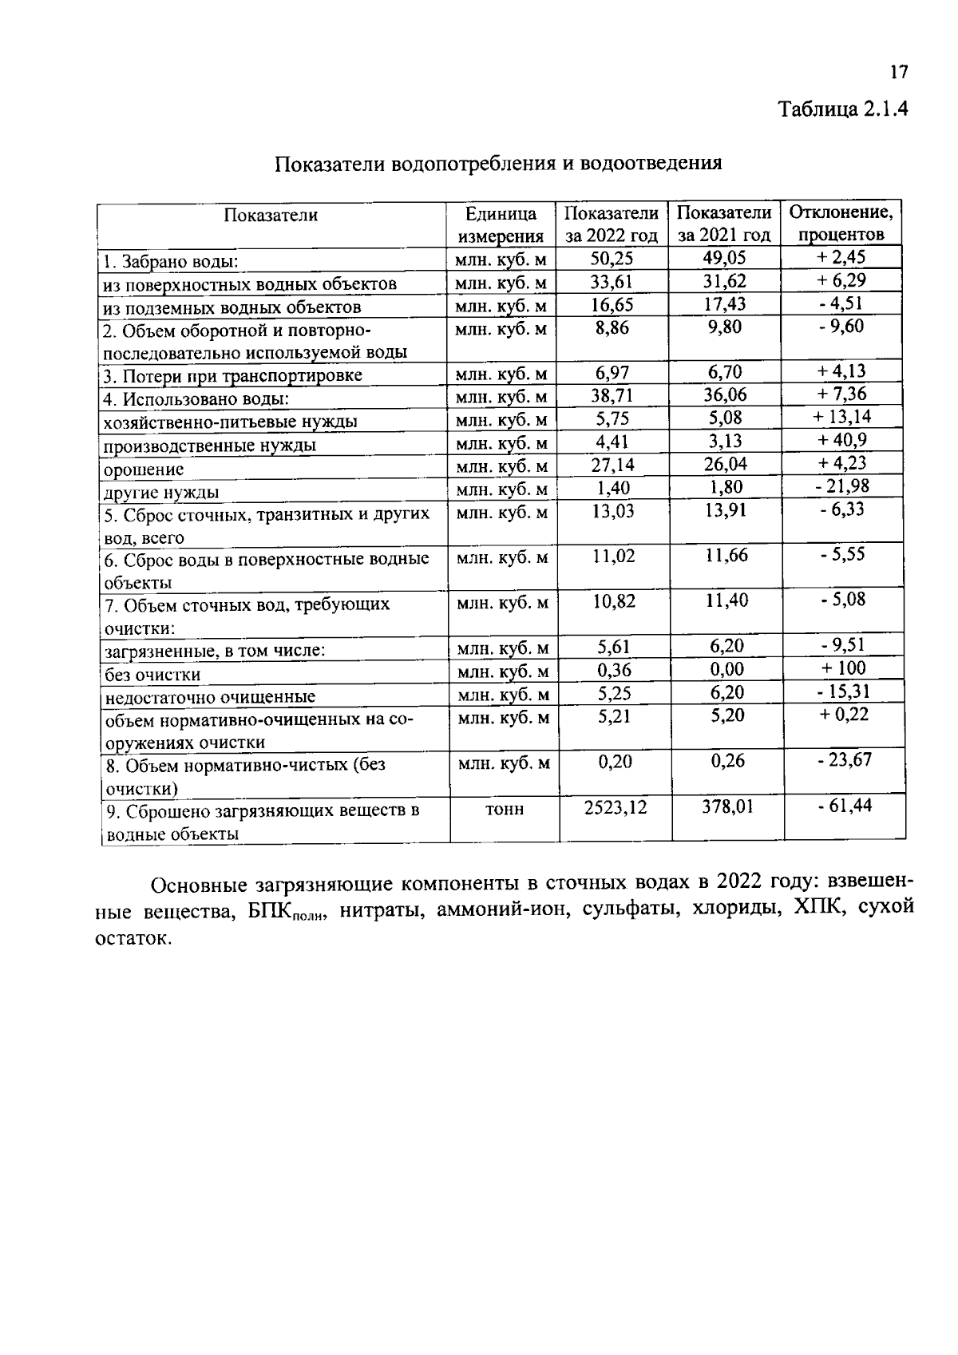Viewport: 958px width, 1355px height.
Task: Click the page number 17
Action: pos(898,73)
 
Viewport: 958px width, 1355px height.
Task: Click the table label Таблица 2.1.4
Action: pos(843,109)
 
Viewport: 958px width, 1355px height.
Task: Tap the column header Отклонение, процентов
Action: pos(841,224)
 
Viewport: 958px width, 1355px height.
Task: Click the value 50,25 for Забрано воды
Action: pos(612,258)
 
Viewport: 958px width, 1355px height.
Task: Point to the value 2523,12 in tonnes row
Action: pos(615,807)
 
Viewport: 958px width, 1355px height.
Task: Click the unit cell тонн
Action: pos(504,809)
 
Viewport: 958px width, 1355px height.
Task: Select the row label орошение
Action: pos(144,469)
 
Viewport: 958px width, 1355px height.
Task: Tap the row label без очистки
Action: pos(152,675)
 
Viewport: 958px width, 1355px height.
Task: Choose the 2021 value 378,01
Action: pos(726,806)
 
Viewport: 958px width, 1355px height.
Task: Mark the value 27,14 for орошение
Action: pos(612,464)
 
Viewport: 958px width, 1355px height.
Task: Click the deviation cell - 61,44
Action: pos(844,806)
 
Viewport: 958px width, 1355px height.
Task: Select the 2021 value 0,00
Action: pos(726,669)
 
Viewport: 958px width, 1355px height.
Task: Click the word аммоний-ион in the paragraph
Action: pos(501,910)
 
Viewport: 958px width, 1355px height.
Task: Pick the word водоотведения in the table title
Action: pos(651,164)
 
